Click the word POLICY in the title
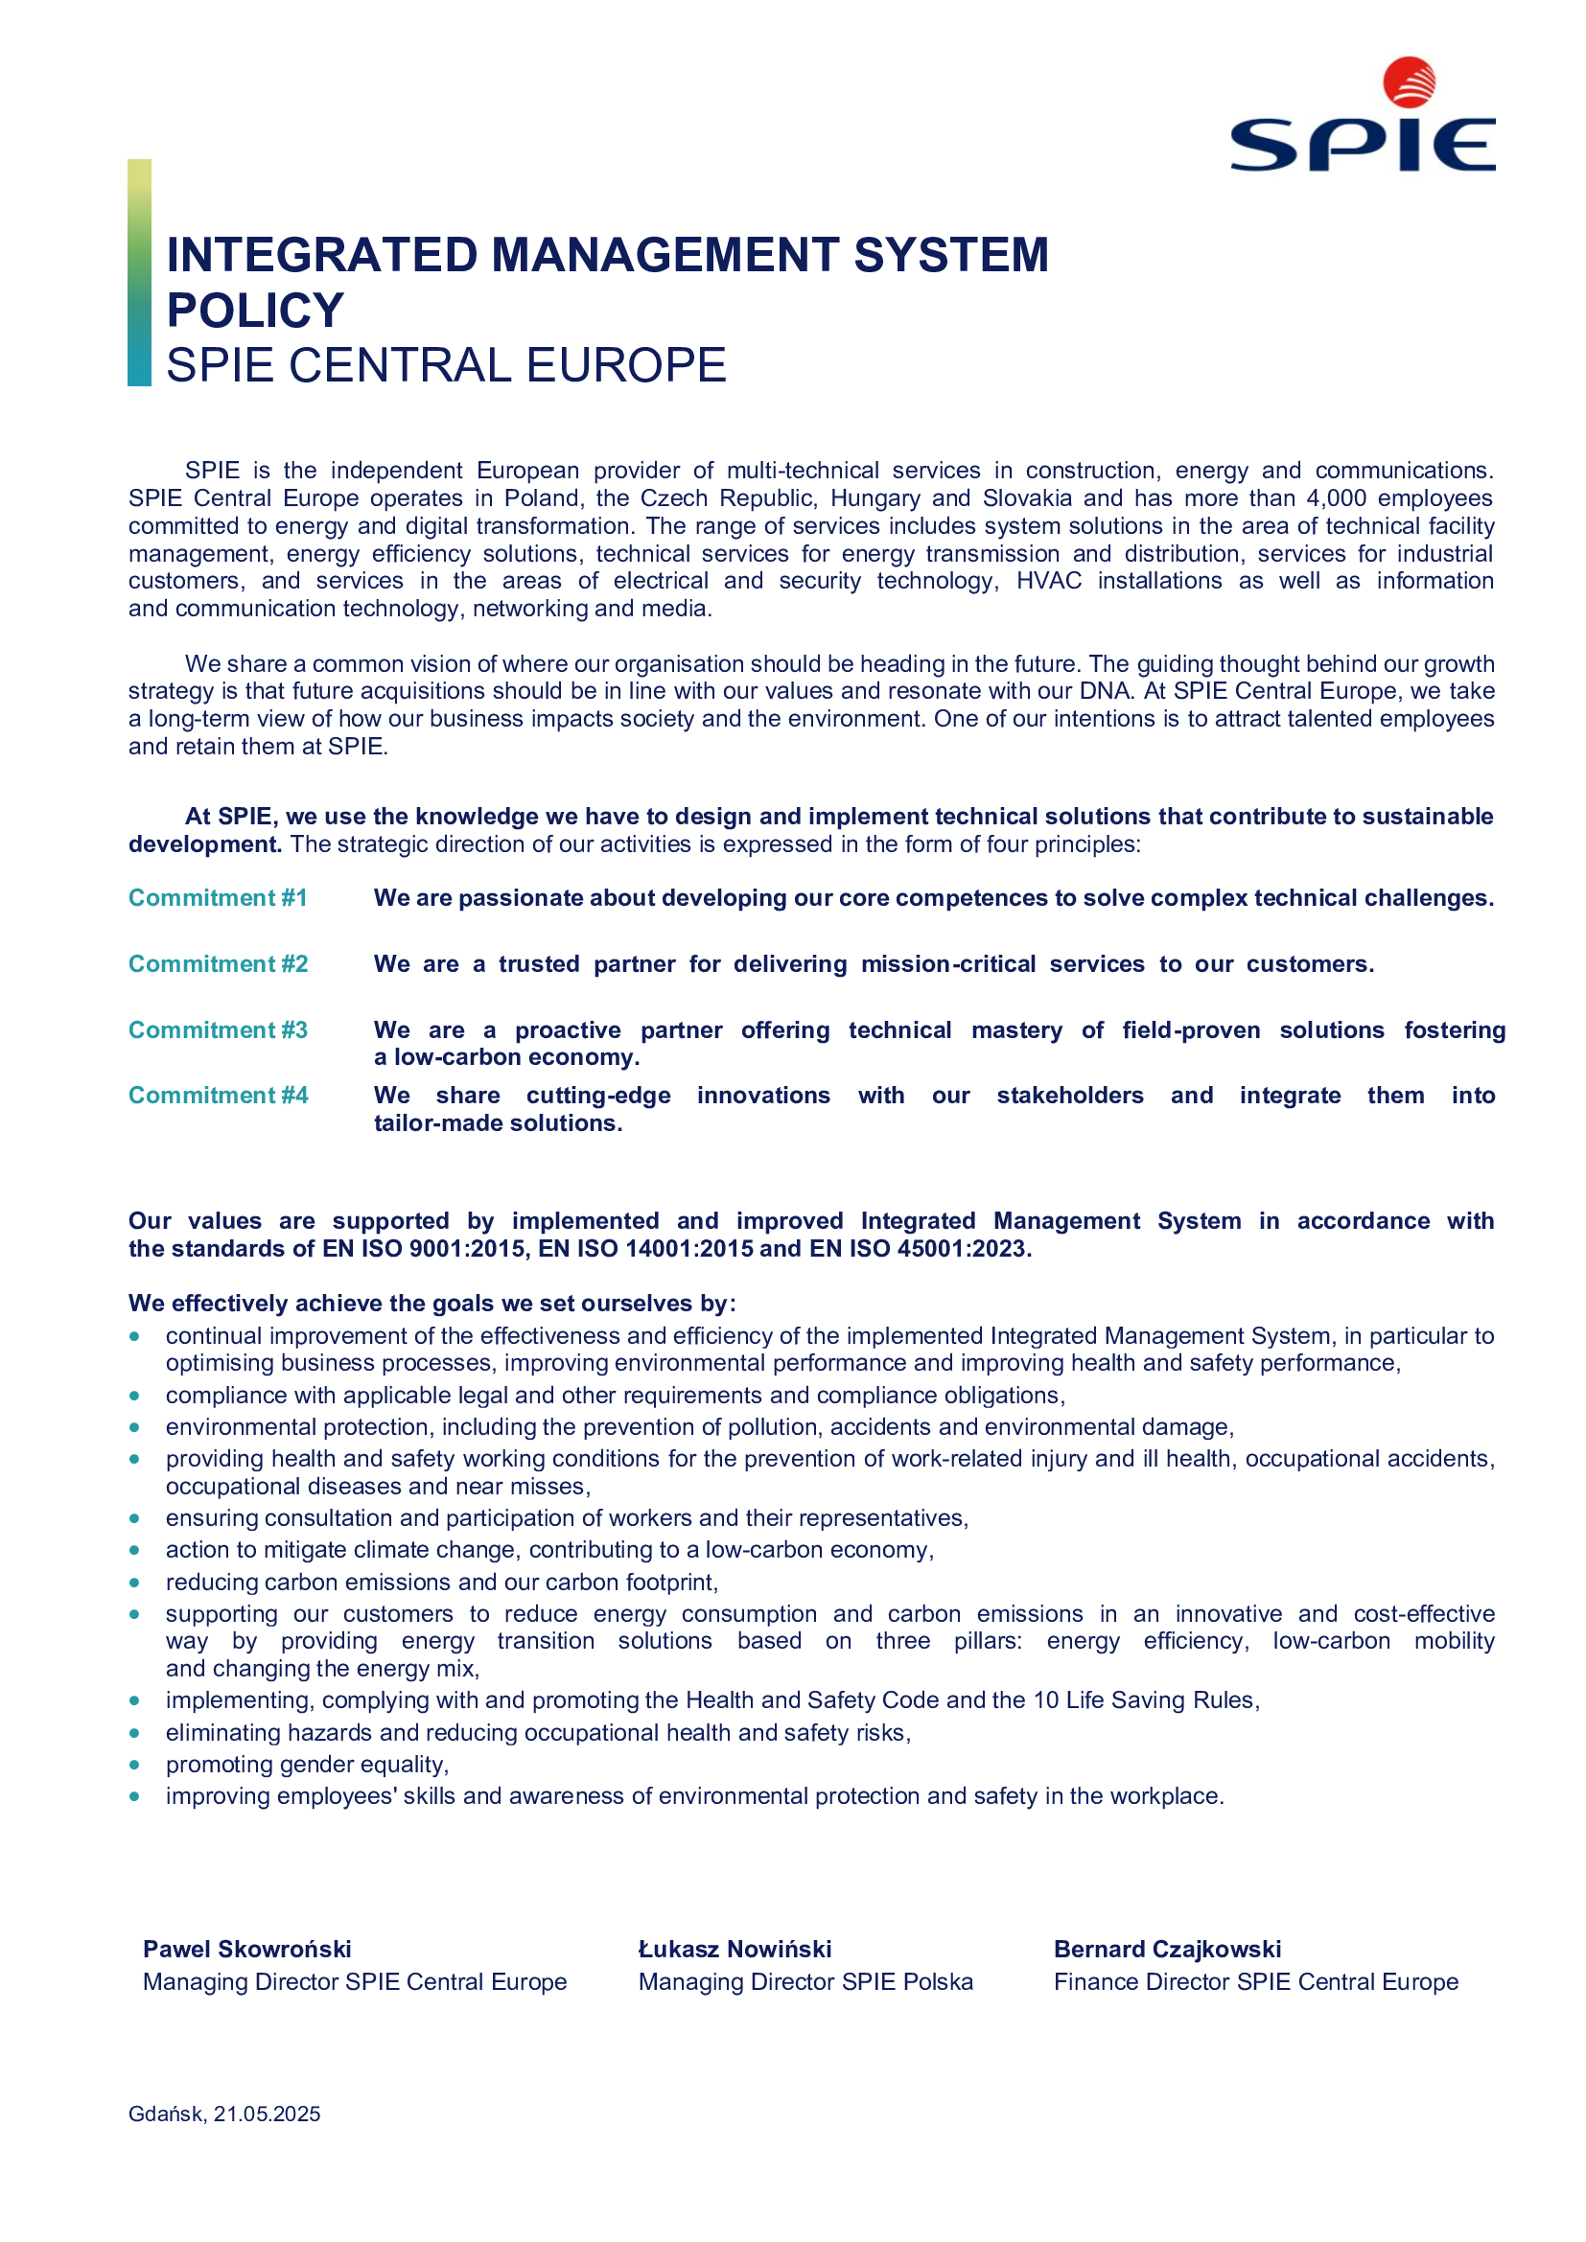(255, 311)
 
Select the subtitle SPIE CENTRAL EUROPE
(446, 366)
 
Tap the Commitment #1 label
(218, 898)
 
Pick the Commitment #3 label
(218, 1030)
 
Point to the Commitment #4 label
(218, 1096)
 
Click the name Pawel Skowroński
(247, 1949)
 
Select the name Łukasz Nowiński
(735, 1949)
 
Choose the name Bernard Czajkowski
(1167, 1949)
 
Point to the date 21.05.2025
(268, 2115)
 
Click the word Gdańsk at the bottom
(166, 2115)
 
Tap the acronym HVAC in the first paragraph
(1049, 581)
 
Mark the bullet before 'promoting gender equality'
(135, 1765)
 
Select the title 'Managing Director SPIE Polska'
(805, 1981)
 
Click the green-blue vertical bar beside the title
(140, 272)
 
